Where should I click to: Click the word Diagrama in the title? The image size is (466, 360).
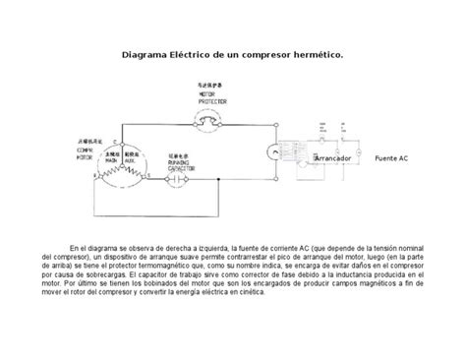(x=146, y=56)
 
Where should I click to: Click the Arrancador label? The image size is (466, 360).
(x=336, y=157)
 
